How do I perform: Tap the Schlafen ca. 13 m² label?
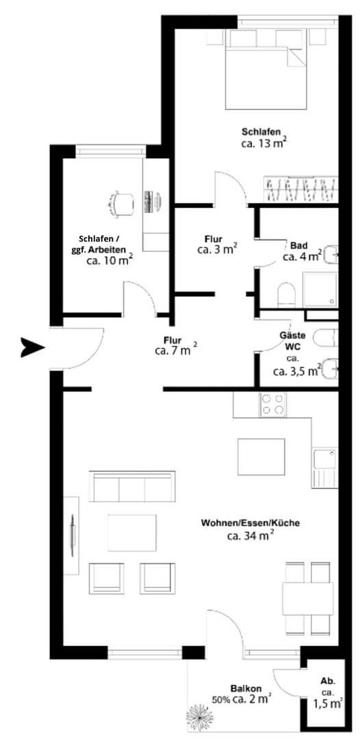point(263,138)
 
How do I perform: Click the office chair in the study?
point(122,202)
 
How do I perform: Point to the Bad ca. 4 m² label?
point(302,251)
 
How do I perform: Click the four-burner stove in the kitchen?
point(274,405)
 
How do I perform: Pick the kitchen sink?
point(324,459)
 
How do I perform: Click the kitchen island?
point(261,456)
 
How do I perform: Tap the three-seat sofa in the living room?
point(131,487)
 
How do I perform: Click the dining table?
point(308,598)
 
